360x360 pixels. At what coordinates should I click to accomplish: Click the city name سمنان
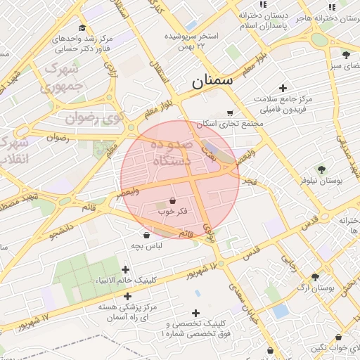point(212,82)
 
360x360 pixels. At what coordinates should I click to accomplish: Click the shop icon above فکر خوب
point(173,200)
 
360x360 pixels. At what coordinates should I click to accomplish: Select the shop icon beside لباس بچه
point(146,235)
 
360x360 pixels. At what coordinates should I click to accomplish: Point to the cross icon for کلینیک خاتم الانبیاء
point(126,269)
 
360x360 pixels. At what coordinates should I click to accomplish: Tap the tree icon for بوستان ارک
point(315,277)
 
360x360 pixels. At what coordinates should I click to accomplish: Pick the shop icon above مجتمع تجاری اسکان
point(230,112)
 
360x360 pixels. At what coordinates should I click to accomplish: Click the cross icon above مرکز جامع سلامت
point(283,89)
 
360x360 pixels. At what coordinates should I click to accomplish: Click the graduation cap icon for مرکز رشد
point(82,28)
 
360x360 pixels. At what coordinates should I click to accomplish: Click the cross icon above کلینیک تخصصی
point(195,313)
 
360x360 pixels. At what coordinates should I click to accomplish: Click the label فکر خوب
point(173,211)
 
